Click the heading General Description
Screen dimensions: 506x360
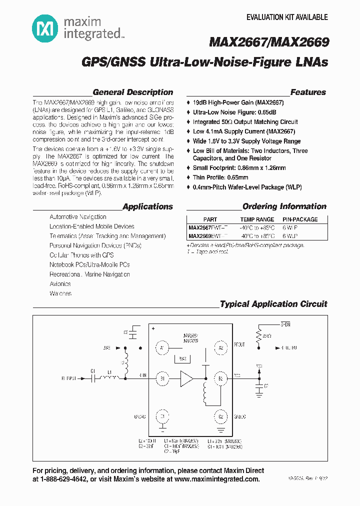(x=133, y=92)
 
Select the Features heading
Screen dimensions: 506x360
(x=308, y=92)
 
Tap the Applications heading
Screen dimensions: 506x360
(x=147, y=206)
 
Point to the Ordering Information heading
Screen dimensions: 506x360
(x=284, y=206)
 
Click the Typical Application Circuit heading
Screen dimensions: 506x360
(x=273, y=304)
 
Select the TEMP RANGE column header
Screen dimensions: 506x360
(x=257, y=219)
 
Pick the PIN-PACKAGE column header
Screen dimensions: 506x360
(x=300, y=219)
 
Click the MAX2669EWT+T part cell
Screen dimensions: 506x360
(x=207, y=235)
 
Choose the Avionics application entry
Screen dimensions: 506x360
(x=60, y=284)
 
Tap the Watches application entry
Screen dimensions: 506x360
(x=60, y=293)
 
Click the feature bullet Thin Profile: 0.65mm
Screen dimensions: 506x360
(x=220, y=177)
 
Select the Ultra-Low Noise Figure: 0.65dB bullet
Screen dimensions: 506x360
(x=234, y=112)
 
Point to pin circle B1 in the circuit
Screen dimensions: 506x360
(x=162, y=378)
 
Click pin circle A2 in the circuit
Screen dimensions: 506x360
(x=220, y=347)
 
